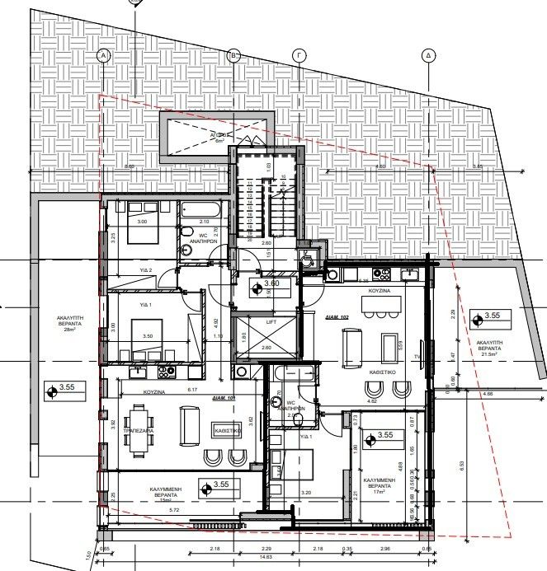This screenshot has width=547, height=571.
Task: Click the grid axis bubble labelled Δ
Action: click(428, 55)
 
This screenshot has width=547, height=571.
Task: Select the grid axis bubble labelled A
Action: click(104, 55)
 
